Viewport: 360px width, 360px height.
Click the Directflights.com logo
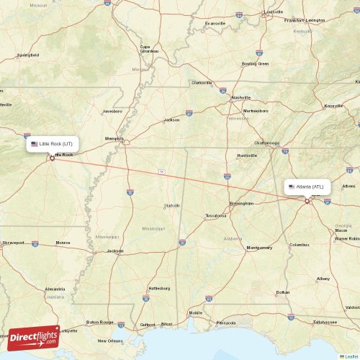click(34, 336)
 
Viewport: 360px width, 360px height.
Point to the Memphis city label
click(114, 138)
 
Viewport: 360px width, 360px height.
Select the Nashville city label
click(240, 97)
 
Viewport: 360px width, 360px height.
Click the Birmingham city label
click(241, 203)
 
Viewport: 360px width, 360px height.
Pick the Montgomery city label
click(259, 248)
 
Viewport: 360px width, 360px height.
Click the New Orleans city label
click(111, 341)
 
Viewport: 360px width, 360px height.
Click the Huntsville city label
click(247, 156)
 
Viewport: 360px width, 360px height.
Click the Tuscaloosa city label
click(216, 215)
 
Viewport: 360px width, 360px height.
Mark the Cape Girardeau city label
click(150, 49)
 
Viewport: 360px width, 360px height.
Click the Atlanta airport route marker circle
click(307, 201)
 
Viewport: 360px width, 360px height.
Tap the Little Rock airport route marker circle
click(52, 158)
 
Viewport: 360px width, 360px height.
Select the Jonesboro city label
click(112, 112)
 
